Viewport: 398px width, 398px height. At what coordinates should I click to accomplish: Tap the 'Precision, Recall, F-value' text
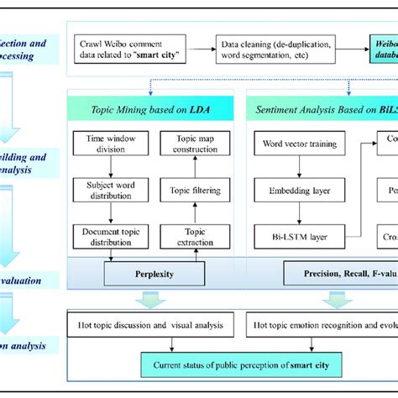pos(340,275)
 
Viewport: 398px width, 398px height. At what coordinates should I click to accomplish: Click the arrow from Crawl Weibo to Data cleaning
pos(200,50)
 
